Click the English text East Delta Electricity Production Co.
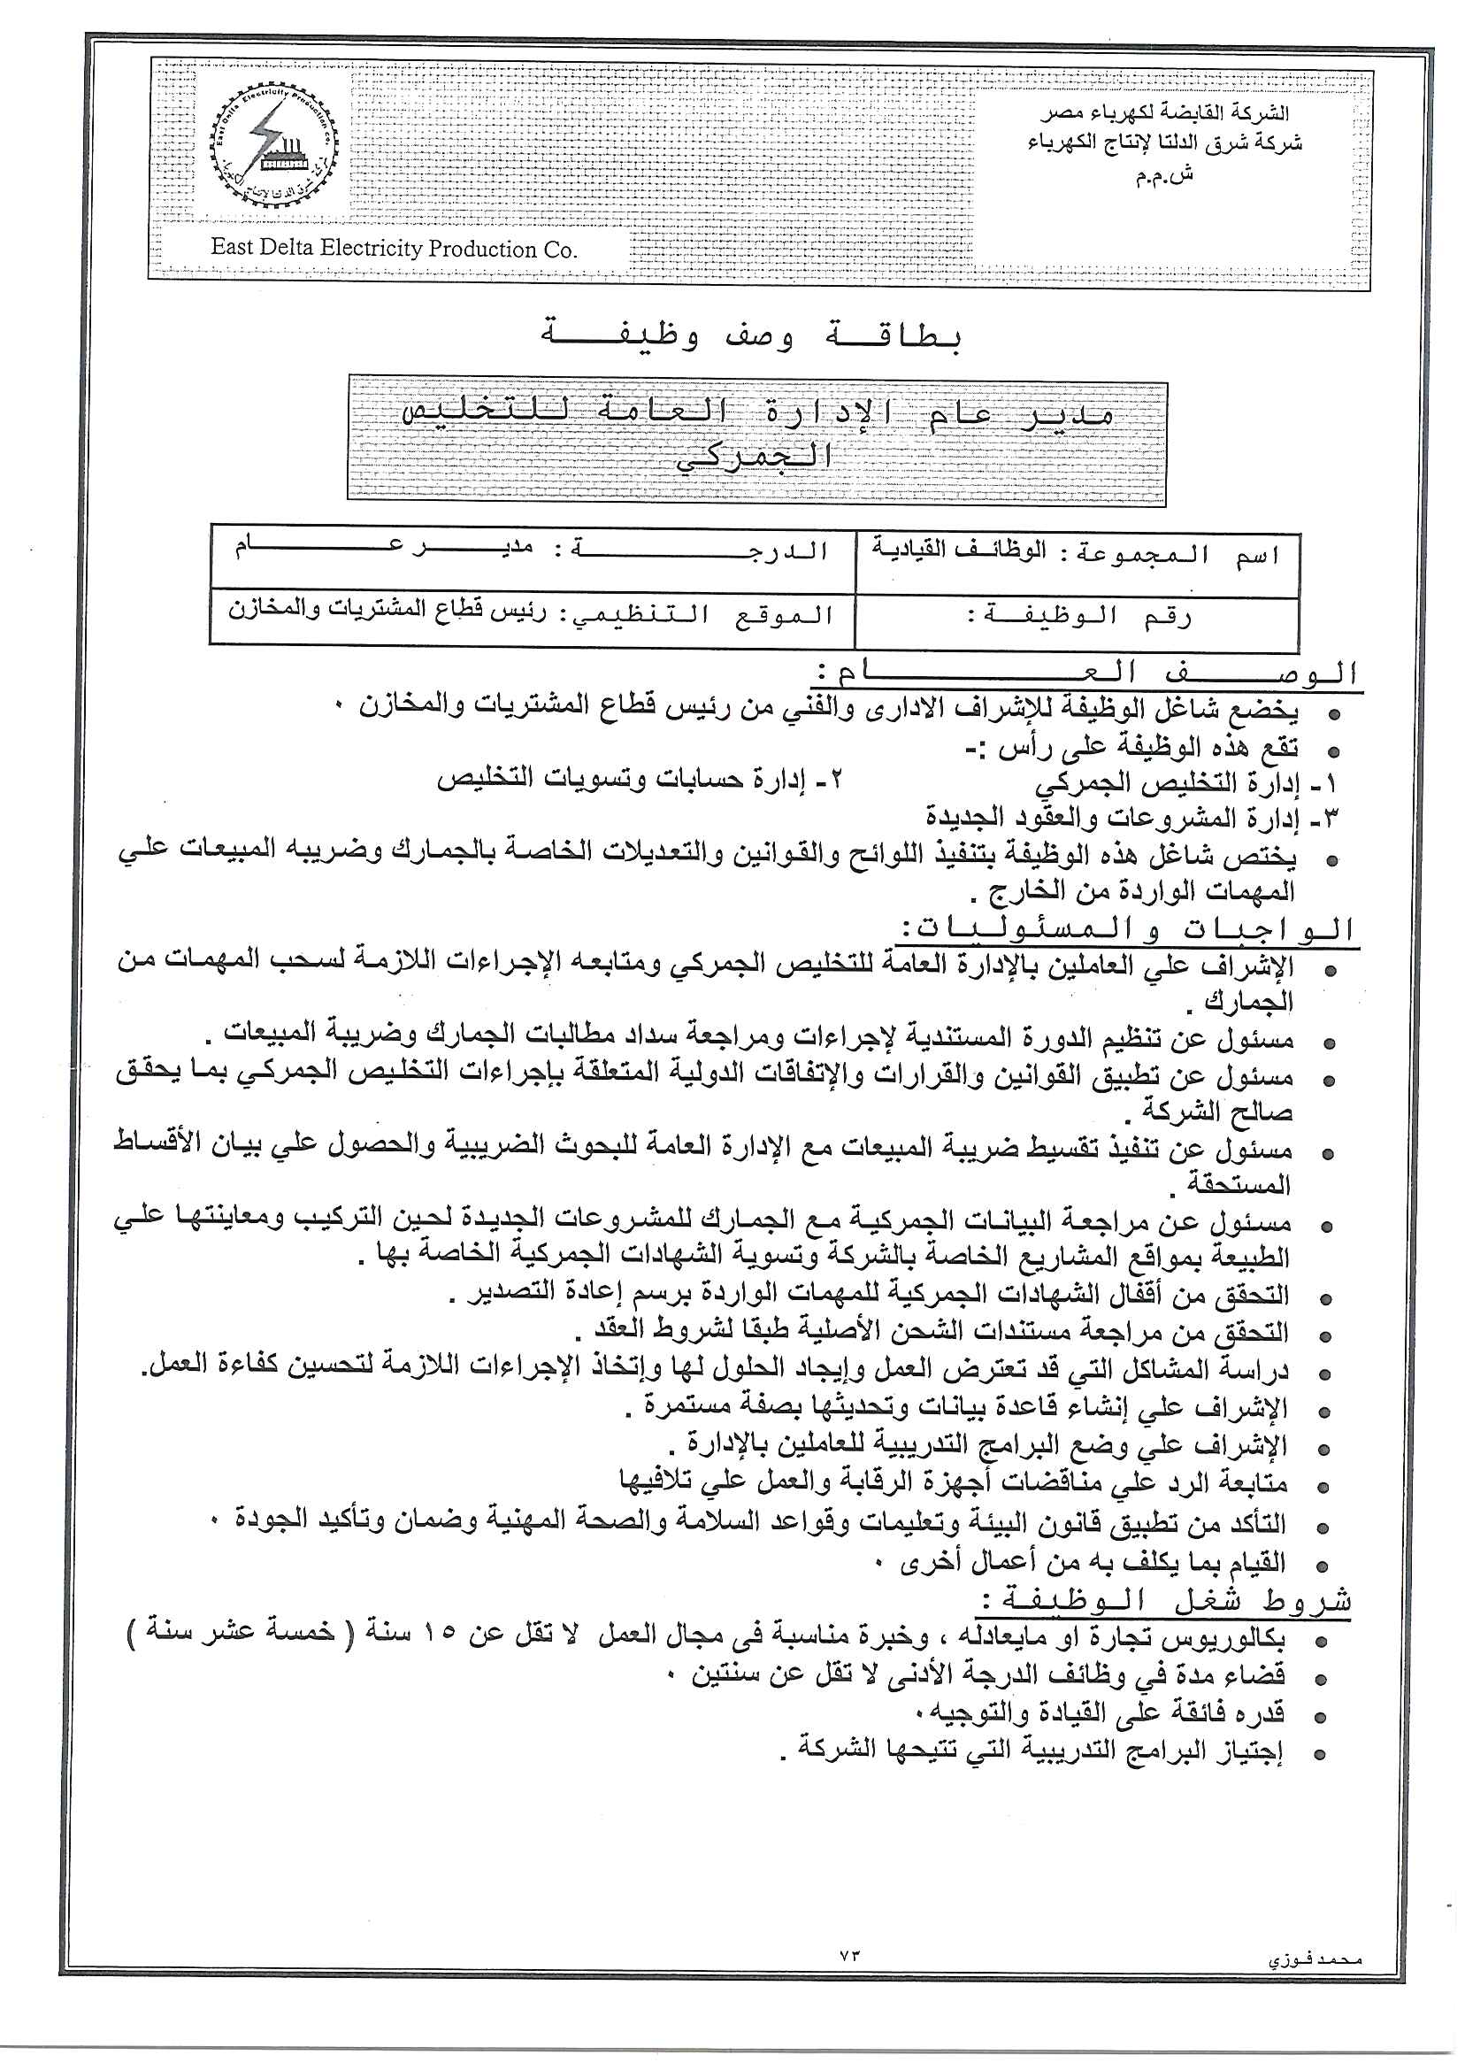394,249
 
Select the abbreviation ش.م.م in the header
1163,175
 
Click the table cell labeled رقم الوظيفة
1078,618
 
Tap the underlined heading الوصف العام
1087,673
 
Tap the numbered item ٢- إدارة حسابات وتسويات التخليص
640,780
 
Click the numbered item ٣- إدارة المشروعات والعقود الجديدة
1132,819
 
